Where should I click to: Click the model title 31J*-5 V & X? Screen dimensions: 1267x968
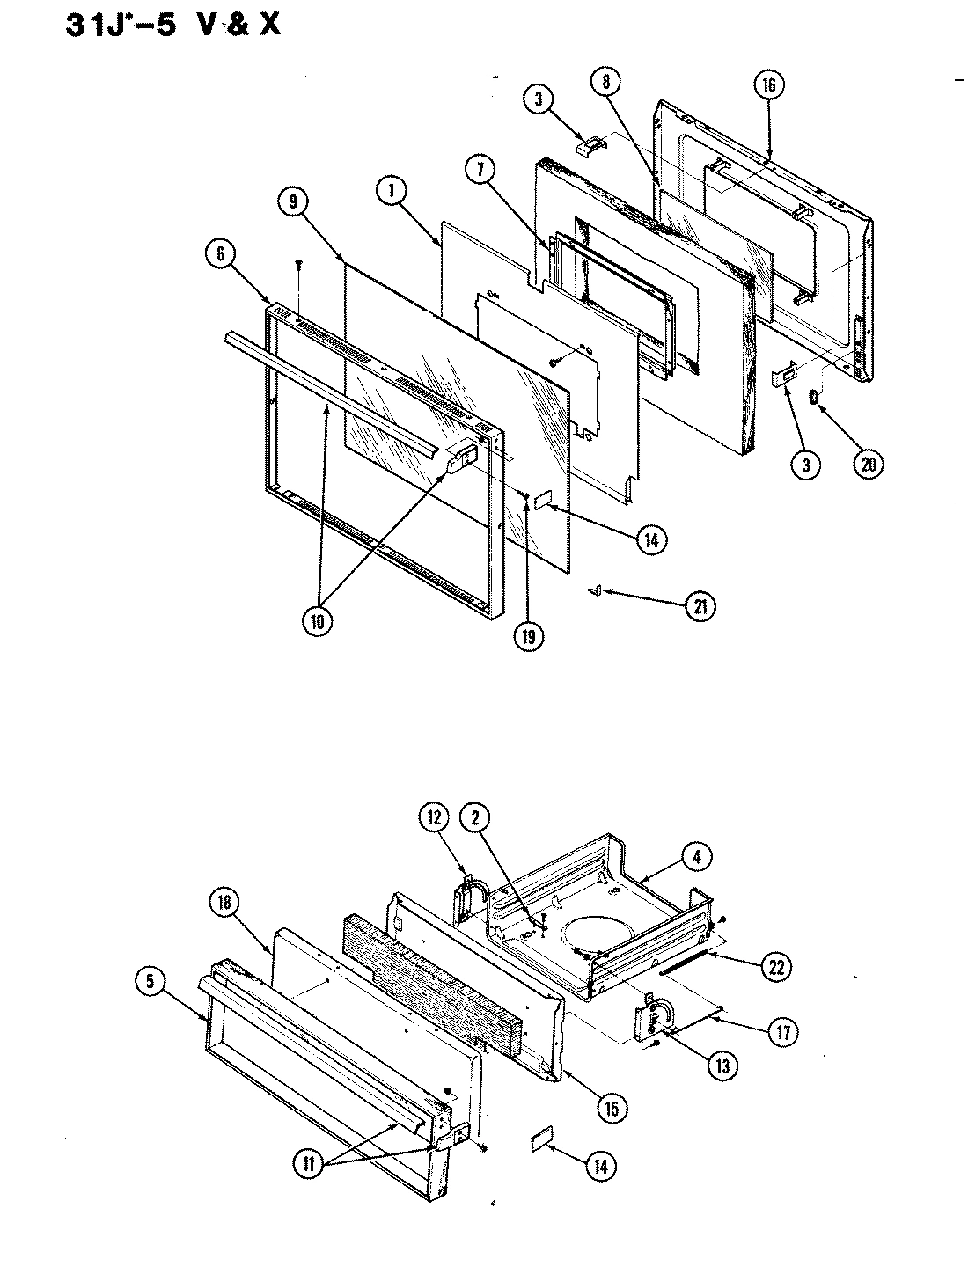coord(172,24)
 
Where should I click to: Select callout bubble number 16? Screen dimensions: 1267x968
coord(768,85)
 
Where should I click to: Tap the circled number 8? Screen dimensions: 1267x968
coord(605,82)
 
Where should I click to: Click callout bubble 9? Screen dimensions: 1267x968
coord(292,201)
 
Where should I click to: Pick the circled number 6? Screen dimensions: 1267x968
coord(220,254)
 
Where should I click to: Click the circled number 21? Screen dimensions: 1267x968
coord(700,606)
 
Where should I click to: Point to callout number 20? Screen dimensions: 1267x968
coord(868,465)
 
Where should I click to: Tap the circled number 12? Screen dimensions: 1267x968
coord(433,818)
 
